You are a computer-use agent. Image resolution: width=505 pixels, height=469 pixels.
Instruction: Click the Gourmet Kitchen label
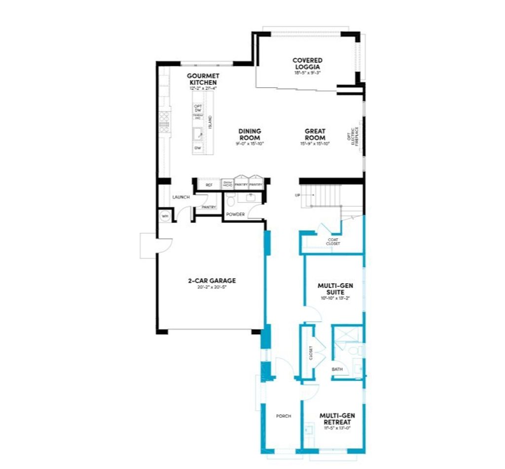click(202, 79)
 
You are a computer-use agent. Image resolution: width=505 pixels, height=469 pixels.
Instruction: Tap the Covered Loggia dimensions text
click(307, 72)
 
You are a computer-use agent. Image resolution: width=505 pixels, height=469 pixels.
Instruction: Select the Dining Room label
click(249, 134)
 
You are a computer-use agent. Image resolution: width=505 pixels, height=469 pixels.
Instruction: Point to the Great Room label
click(315, 134)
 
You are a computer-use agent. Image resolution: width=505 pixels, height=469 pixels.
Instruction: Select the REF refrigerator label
click(209, 185)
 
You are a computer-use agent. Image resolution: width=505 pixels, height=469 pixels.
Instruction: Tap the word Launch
click(181, 197)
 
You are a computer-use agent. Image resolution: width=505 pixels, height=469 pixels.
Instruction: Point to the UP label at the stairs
click(297, 196)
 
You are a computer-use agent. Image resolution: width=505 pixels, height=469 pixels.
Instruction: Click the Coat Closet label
click(333, 242)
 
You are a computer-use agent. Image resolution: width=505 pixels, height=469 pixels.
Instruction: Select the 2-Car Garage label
click(212, 281)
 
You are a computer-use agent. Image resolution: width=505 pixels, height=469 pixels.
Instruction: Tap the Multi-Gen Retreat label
click(335, 419)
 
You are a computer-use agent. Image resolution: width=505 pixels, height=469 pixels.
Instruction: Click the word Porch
click(283, 416)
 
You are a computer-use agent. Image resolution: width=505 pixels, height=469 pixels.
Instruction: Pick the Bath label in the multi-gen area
click(337, 369)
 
